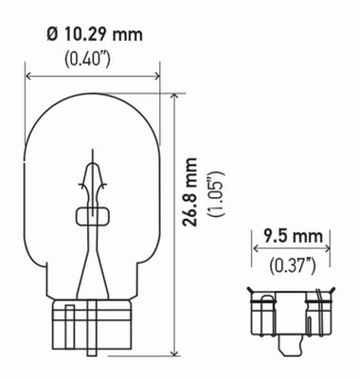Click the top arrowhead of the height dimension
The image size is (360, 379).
tap(175, 97)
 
